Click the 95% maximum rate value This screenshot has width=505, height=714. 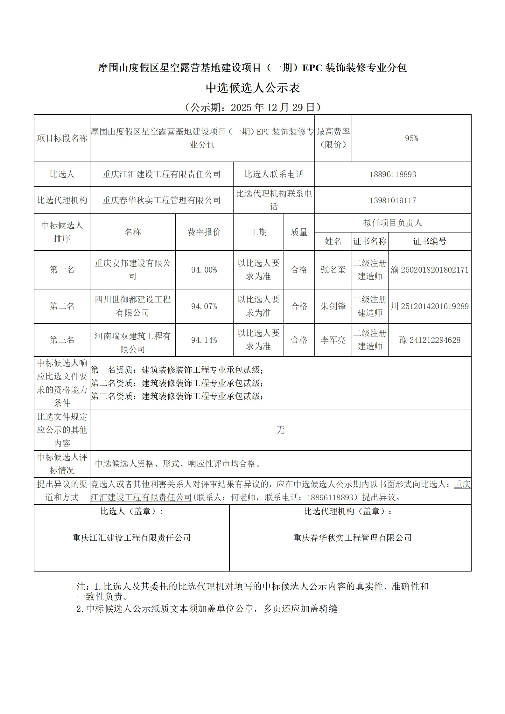[x=411, y=138]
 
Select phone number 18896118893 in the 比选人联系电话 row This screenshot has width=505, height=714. [x=393, y=174]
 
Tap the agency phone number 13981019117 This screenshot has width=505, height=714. [x=393, y=200]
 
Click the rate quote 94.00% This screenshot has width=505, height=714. [x=204, y=270]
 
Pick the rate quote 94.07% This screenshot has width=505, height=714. [x=204, y=306]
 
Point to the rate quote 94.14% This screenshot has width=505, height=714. [x=204, y=340]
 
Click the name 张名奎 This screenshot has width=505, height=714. [x=333, y=270]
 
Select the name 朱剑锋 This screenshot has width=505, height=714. [x=333, y=306]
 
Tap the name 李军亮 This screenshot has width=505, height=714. [x=333, y=340]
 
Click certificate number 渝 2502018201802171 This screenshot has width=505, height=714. [x=430, y=270]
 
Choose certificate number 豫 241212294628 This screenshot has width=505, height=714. [x=430, y=340]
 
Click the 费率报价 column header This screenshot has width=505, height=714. [x=204, y=232]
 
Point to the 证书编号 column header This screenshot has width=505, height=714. [x=430, y=241]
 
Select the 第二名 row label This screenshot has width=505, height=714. [x=62, y=306]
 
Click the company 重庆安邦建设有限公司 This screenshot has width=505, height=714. [x=132, y=269]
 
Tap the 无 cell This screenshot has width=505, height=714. [x=280, y=430]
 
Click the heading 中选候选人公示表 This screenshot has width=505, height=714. [x=253, y=88]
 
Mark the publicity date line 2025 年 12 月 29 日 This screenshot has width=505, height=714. [x=253, y=107]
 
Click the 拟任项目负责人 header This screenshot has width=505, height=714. [x=393, y=223]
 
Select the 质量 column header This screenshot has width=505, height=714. [x=299, y=232]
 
